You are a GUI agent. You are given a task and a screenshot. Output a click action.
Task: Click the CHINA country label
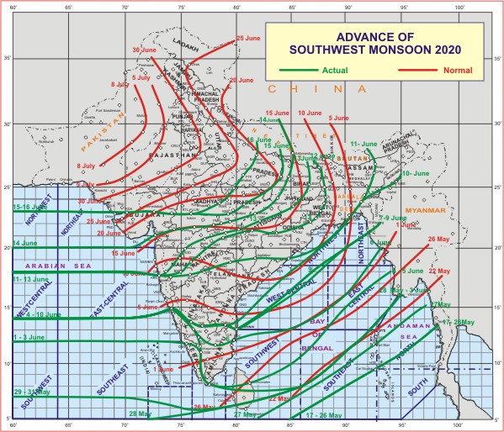[316, 88]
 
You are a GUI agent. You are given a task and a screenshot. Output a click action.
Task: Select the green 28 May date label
[140, 414]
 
